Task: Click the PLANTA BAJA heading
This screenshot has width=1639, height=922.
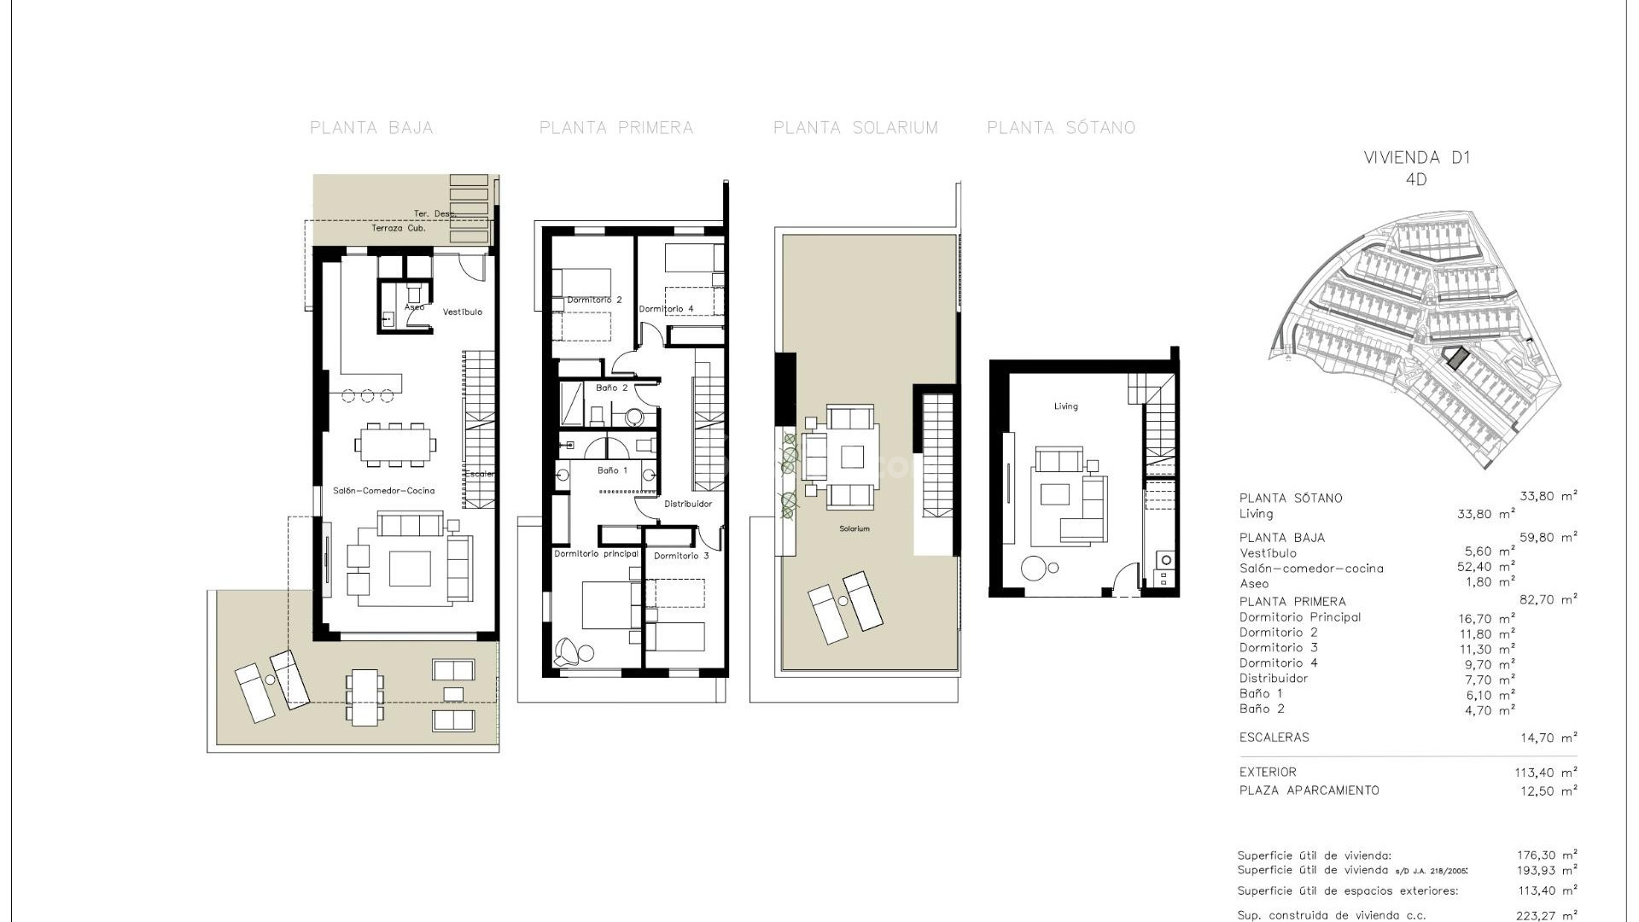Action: [371, 128]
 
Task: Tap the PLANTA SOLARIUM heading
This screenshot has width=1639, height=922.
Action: [855, 128]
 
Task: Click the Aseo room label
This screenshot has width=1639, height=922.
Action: [414, 307]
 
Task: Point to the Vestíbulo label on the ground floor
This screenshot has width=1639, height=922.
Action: [462, 312]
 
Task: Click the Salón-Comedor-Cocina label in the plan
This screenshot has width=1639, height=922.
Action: [383, 491]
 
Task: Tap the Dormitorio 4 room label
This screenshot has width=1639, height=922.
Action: [666, 309]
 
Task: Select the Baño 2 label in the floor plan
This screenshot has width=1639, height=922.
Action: [611, 388]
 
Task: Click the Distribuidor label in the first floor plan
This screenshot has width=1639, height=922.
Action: [688, 504]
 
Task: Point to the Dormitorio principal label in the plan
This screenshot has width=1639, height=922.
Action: [596, 554]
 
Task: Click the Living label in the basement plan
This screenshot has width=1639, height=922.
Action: [1065, 406]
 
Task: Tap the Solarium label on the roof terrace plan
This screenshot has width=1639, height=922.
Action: [854, 529]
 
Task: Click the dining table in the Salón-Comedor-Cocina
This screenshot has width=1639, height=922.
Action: [395, 444]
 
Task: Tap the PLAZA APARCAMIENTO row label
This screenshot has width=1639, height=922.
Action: [1309, 791]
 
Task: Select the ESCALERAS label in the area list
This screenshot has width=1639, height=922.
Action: [1274, 738]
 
